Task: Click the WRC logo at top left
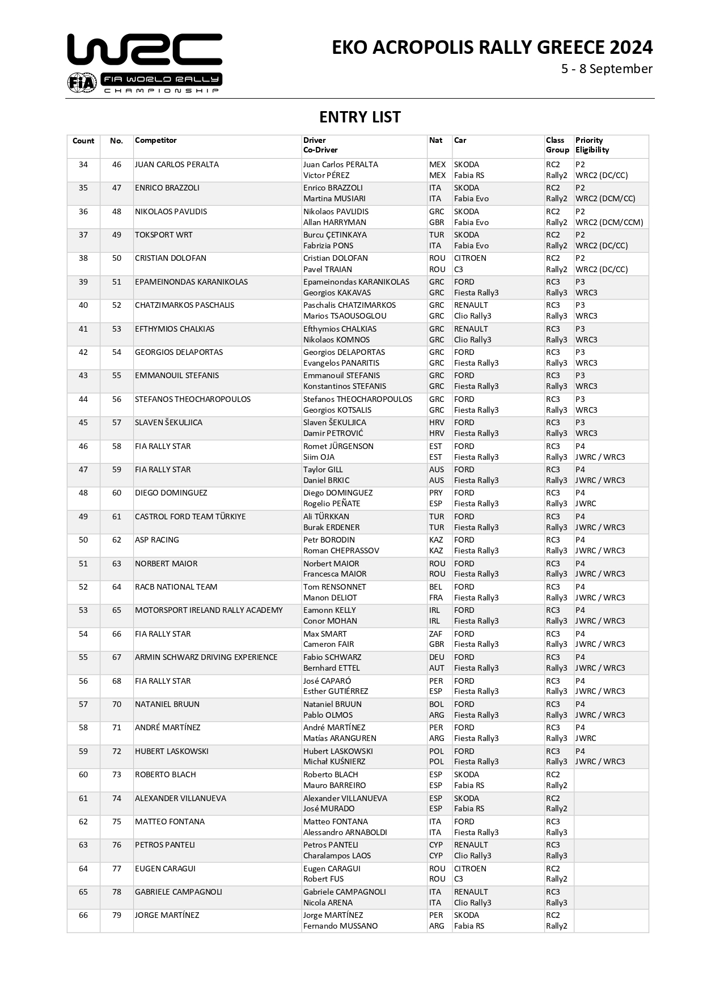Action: (x=145, y=62)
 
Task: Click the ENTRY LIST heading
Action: (x=359, y=117)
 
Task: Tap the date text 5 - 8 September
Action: (x=607, y=69)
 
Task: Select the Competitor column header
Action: (x=156, y=141)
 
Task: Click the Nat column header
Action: (x=435, y=141)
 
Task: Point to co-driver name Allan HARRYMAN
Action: (x=334, y=222)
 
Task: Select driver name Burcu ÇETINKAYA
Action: (x=334, y=235)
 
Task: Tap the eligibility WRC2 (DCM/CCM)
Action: (x=609, y=222)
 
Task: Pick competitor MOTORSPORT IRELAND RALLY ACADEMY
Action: (x=209, y=610)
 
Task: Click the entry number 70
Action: (x=117, y=704)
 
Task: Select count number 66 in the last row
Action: (x=83, y=915)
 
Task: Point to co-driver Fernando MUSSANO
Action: (x=340, y=926)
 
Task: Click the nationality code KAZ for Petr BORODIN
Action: (x=436, y=540)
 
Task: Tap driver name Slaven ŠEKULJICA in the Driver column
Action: (x=334, y=422)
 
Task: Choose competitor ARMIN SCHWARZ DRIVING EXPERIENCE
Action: (x=206, y=657)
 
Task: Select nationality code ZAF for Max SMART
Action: (x=435, y=634)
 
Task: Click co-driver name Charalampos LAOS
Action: (x=337, y=856)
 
